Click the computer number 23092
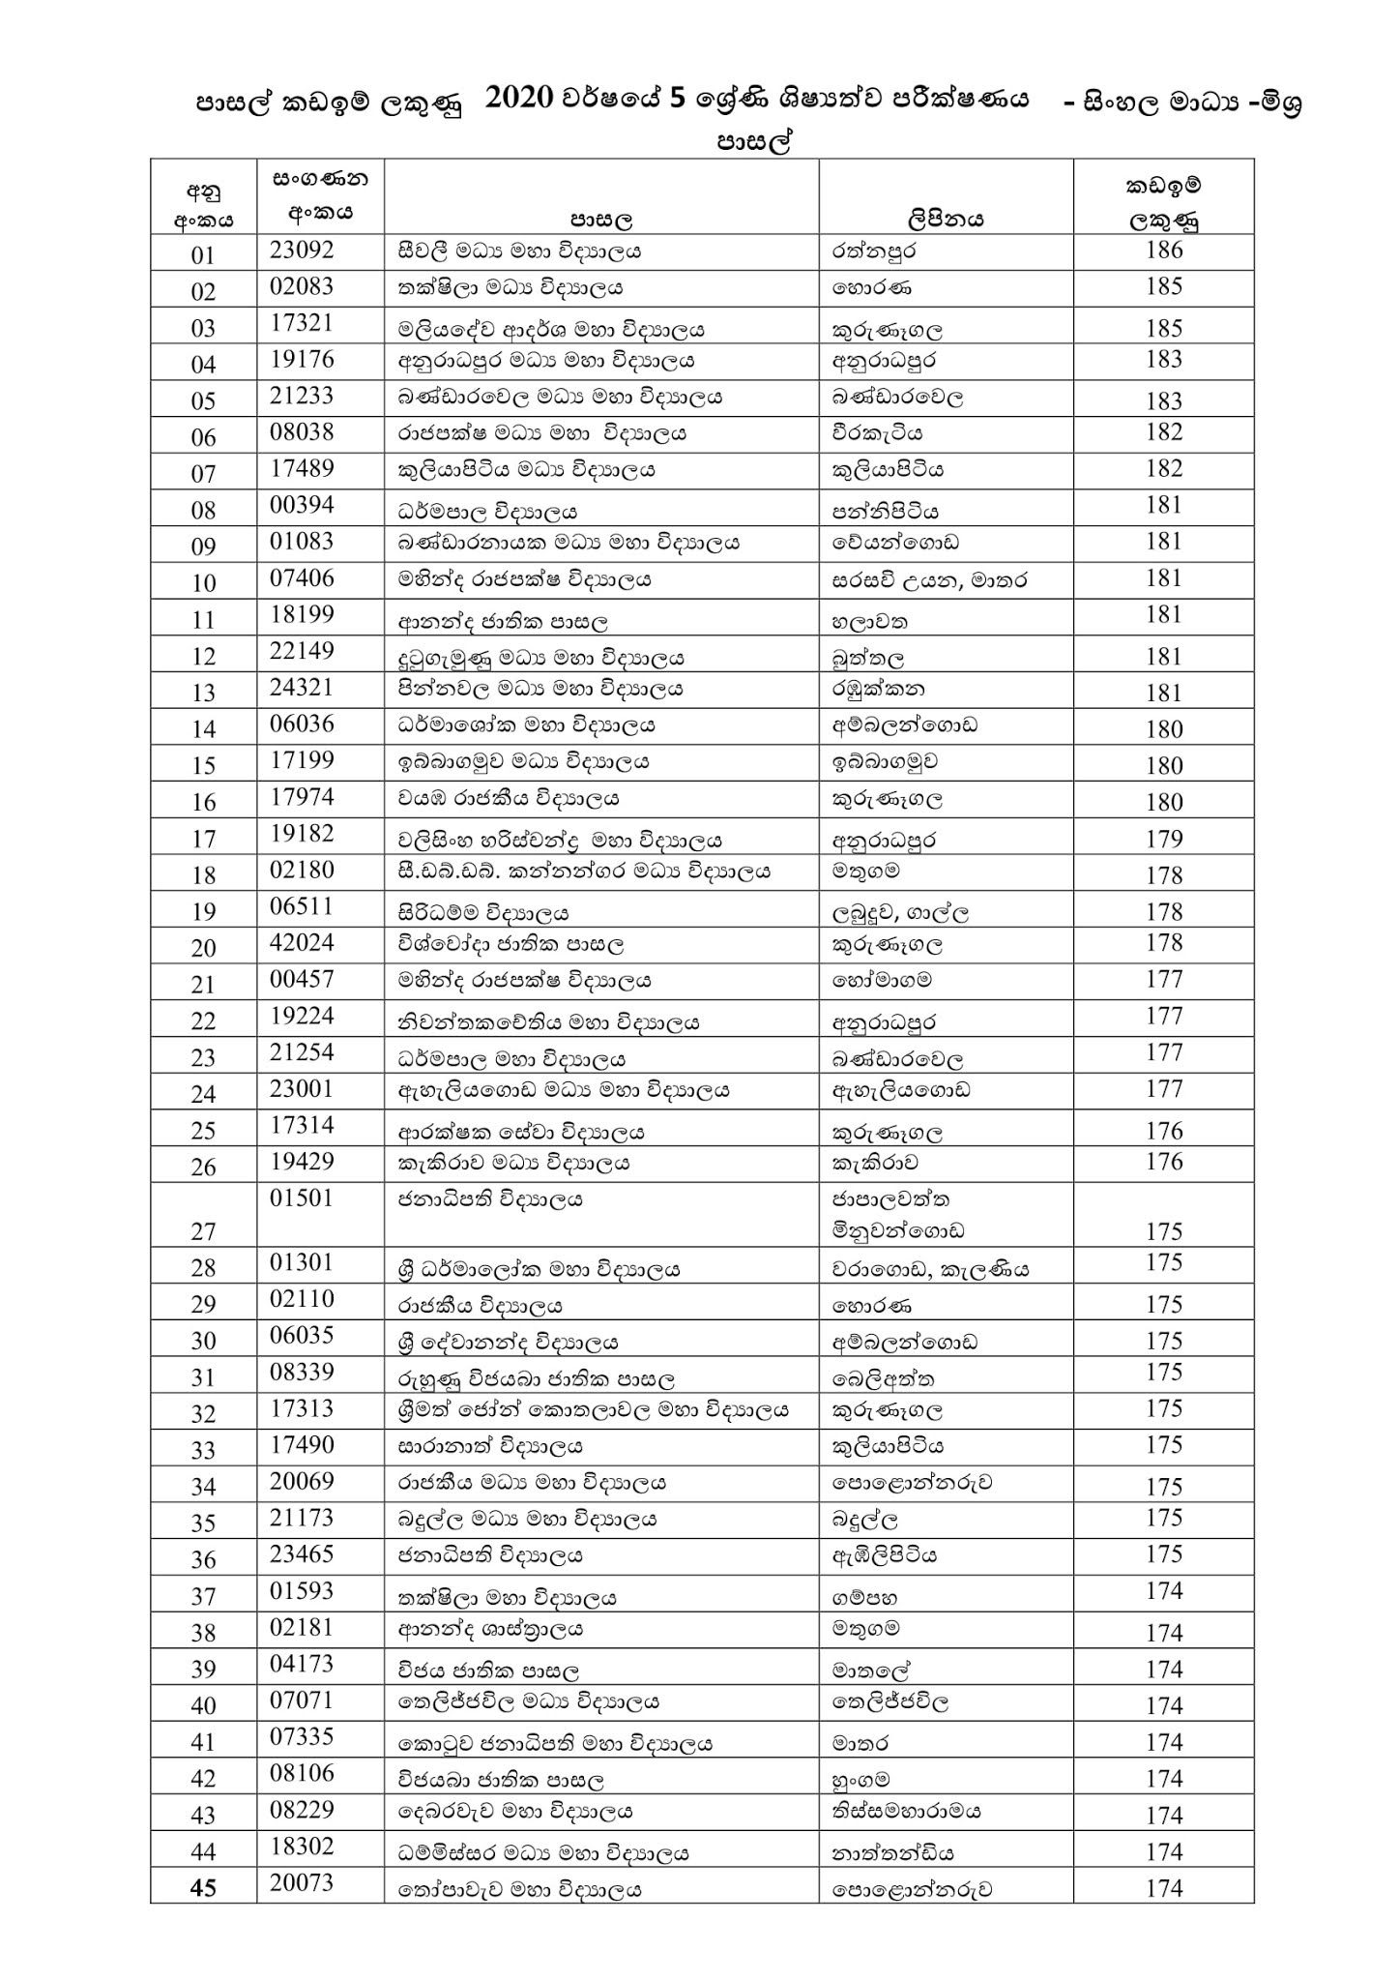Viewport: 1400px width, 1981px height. coord(302,250)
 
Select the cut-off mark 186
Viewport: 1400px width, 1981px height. coord(1163,250)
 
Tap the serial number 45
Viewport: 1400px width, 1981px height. coord(203,1888)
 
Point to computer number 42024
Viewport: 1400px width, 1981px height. coord(302,942)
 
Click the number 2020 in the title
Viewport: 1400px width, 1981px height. coord(519,99)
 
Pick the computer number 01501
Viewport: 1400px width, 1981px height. coord(302,1197)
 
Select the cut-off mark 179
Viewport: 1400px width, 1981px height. coord(1163,839)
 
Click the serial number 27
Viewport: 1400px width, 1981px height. coord(203,1231)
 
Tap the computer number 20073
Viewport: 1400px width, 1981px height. coord(302,1882)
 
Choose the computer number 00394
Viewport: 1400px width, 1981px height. coord(302,504)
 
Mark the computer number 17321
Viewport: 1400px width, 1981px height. coord(302,323)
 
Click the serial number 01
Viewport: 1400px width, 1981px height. coord(203,255)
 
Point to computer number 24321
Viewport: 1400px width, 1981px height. coord(302,687)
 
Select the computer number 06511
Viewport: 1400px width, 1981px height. coord(302,905)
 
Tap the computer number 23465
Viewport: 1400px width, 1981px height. coord(302,1553)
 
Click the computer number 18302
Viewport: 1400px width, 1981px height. coord(302,1846)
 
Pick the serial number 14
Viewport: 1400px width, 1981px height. coord(203,729)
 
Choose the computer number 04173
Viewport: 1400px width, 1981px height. coord(302,1663)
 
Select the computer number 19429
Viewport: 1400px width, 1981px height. coord(302,1161)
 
